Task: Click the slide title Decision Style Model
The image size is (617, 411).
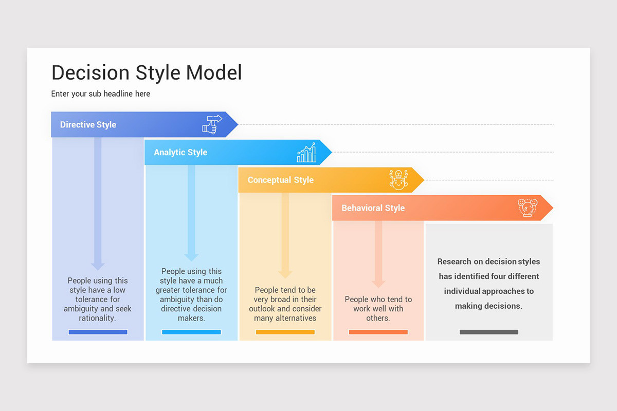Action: [147, 73]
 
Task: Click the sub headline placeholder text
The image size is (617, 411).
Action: [101, 94]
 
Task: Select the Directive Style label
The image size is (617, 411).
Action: [88, 125]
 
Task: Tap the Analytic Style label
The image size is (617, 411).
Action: [180, 153]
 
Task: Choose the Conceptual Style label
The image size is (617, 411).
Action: [280, 180]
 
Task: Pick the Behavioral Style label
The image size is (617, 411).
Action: [373, 208]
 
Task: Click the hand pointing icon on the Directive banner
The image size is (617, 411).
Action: [211, 125]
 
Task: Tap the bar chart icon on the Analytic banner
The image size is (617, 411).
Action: [306, 153]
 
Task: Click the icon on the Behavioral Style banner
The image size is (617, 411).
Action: [528, 208]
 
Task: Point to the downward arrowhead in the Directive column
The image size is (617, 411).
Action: [98, 265]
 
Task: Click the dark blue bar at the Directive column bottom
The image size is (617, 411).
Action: [98, 332]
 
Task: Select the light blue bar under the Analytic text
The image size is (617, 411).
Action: [191, 332]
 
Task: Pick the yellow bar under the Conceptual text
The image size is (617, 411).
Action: [285, 332]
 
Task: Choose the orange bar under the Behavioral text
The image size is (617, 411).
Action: [378, 332]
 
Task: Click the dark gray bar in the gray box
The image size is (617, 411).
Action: [488, 332]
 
